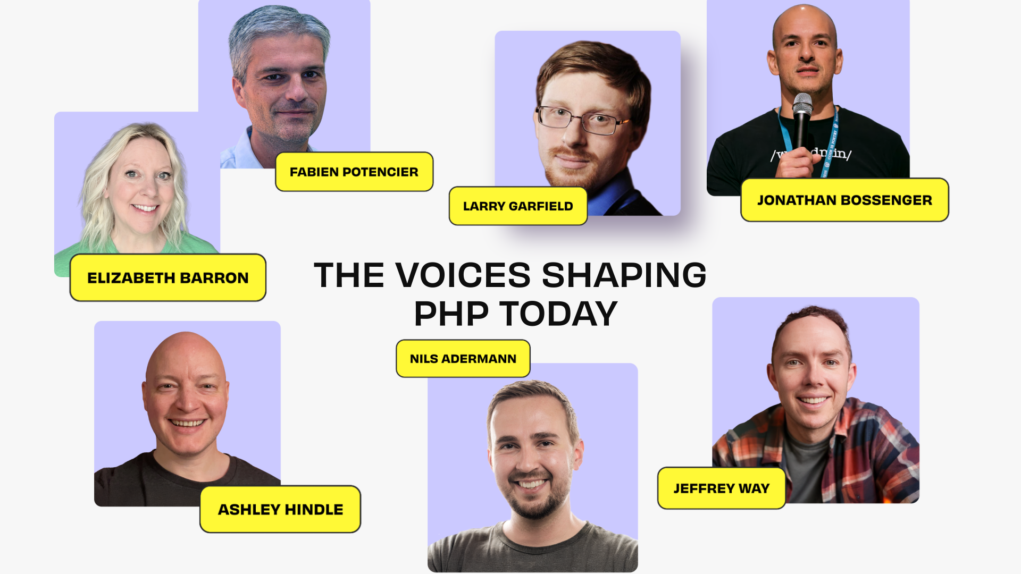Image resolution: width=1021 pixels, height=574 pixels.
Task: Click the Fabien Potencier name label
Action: [354, 172]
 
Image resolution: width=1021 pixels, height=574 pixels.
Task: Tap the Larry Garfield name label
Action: [518, 206]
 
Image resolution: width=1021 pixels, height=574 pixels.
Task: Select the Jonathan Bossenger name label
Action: [844, 200]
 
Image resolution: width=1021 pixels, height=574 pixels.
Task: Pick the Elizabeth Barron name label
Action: [168, 277]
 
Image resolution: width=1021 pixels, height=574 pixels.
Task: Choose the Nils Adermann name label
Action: [463, 359]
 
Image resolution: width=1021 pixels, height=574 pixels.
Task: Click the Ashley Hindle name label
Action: [280, 509]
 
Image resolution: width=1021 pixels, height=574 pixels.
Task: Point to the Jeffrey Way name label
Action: [722, 488]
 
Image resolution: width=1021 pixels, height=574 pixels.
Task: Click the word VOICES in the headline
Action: [463, 275]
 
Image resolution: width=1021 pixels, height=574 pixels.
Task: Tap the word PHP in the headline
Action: [451, 314]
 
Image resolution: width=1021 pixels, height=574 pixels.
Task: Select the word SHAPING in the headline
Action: [624, 275]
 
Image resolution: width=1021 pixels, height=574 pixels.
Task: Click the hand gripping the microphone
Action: [796, 163]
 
